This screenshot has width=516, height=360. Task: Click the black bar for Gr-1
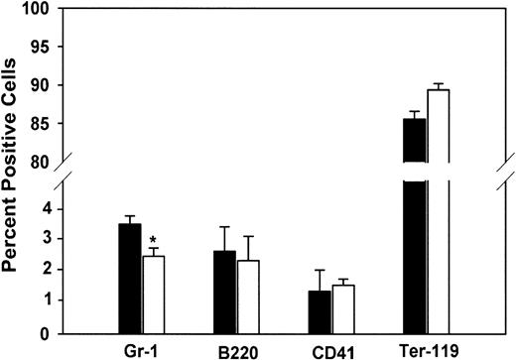129,278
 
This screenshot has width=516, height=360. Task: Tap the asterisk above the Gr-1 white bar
153,241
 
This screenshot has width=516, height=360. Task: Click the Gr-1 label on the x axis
142,350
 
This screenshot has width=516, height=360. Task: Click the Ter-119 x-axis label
427,350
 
